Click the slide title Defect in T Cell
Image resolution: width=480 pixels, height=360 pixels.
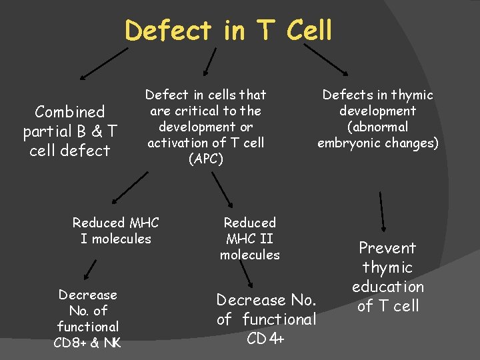pyautogui.click(x=228, y=30)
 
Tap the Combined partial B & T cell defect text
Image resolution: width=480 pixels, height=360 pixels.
pyautogui.click(x=70, y=131)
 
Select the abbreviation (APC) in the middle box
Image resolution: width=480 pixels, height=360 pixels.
pyautogui.click(x=205, y=159)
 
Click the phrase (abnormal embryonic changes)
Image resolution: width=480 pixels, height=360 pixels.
pyautogui.click(x=377, y=135)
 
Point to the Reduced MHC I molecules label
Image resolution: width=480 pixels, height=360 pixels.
pyautogui.click(x=116, y=230)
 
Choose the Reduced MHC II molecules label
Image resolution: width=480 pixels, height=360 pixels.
pyautogui.click(x=250, y=238)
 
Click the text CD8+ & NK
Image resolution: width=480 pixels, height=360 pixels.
pyautogui.click(x=87, y=343)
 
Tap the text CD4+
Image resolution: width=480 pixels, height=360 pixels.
pyautogui.click(x=266, y=338)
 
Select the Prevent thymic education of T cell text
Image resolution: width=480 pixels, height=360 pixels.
pyautogui.click(x=387, y=277)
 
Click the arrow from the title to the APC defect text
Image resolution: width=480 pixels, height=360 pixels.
pyautogui.click(x=209, y=60)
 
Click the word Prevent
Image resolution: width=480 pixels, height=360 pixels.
pyautogui.click(x=387, y=248)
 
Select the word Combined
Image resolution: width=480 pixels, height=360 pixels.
pyautogui.click(x=70, y=111)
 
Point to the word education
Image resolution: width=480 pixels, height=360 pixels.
pyautogui.click(x=387, y=287)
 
